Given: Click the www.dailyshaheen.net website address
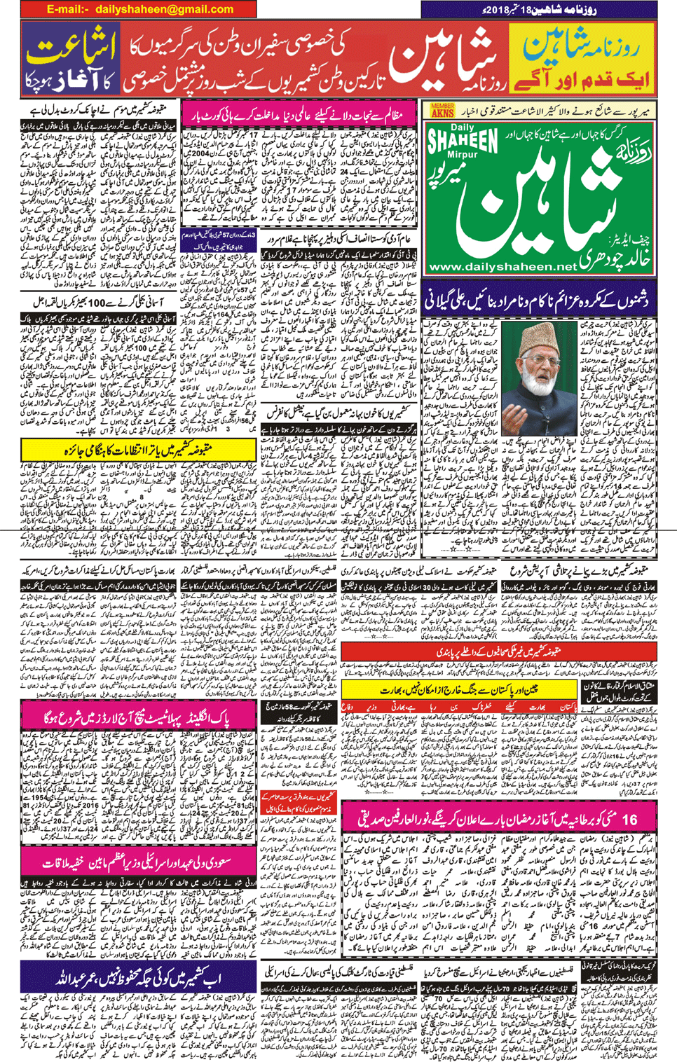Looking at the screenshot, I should click(502, 267).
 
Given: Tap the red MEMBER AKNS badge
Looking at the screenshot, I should click(442, 110).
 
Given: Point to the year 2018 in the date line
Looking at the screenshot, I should click(498, 9).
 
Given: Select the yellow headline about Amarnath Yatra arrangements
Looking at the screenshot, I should click(138, 450).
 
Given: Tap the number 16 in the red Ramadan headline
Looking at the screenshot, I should click(629, 818).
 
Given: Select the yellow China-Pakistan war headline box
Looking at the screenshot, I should click(459, 690).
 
